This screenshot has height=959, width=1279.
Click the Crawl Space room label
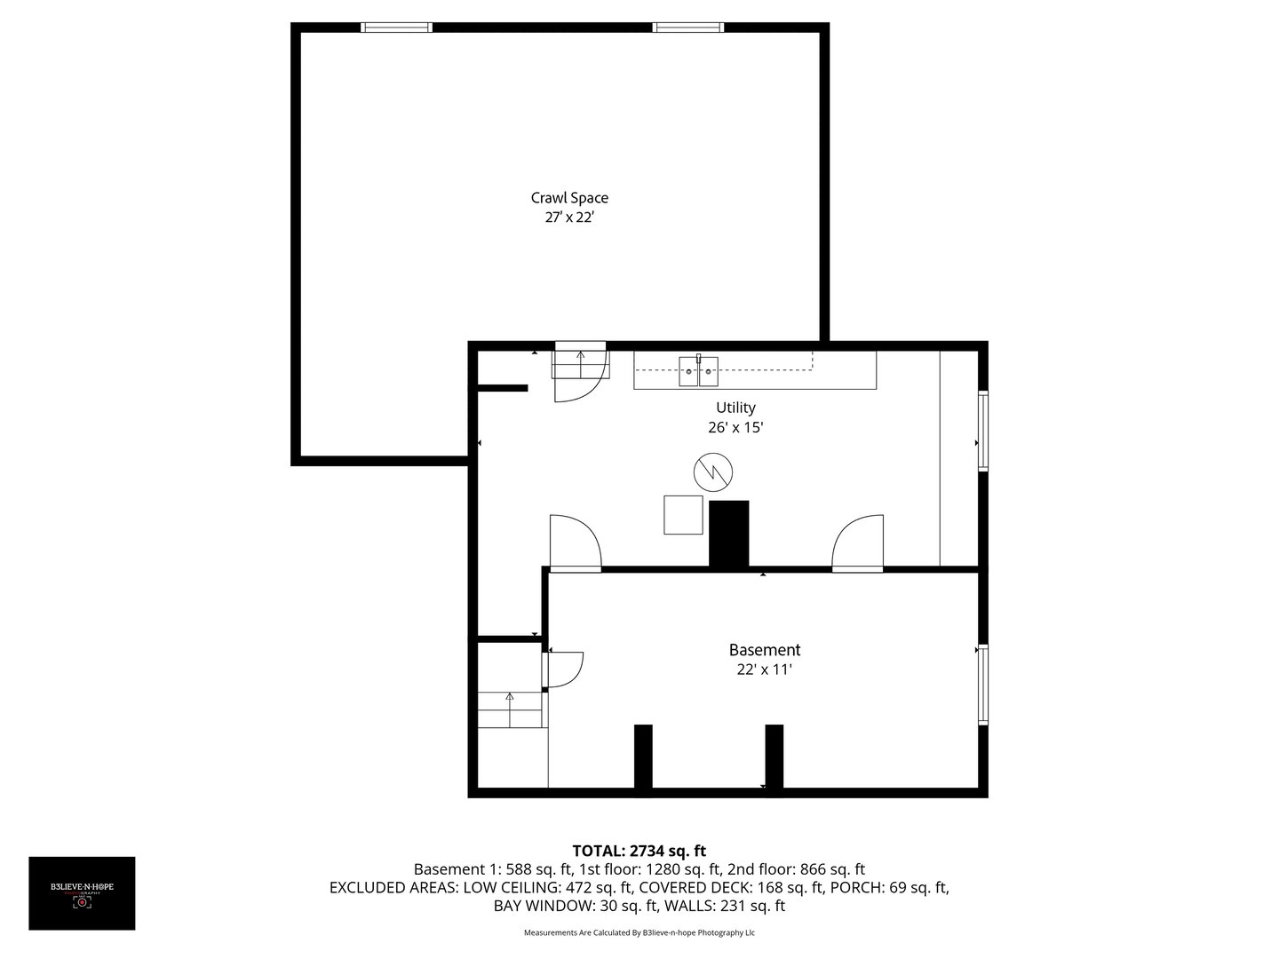click(x=569, y=198)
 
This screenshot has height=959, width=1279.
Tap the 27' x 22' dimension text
click(x=569, y=218)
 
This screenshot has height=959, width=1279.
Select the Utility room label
click(x=735, y=408)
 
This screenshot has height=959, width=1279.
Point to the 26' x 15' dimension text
click(x=735, y=427)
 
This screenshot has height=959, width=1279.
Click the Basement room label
click(x=764, y=650)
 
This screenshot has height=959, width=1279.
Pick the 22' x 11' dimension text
click(x=764, y=670)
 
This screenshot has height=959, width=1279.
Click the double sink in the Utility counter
click(x=698, y=371)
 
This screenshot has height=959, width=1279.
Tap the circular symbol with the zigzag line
click(x=713, y=472)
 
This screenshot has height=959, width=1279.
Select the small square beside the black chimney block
click(x=683, y=515)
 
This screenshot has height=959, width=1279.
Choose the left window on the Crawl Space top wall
click(x=396, y=28)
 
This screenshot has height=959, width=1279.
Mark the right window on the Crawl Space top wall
click(x=687, y=28)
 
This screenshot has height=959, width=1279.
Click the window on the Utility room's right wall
click(x=982, y=430)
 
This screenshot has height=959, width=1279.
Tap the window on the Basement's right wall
click(x=982, y=684)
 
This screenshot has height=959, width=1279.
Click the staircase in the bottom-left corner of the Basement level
click(x=511, y=709)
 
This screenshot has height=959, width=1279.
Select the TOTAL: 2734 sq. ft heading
click(x=639, y=851)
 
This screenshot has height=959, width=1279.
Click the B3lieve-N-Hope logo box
click(x=82, y=893)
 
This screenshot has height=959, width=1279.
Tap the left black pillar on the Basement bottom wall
click(x=643, y=756)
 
